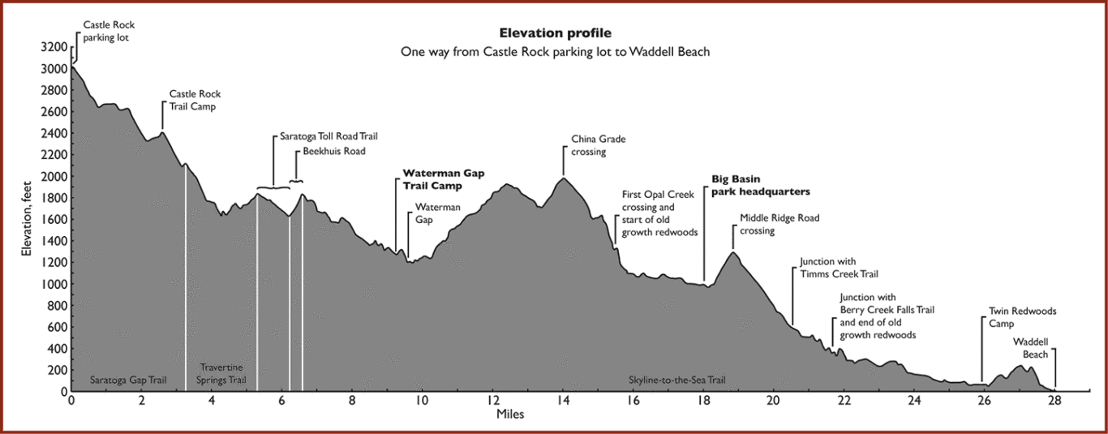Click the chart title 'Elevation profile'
(555, 33)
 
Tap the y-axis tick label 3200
(54, 47)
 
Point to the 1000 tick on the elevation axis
(54, 284)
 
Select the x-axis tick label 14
(563, 401)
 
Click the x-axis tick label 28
(1054, 401)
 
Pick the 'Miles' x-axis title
(510, 415)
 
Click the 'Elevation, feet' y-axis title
(27, 218)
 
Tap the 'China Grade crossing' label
(599, 145)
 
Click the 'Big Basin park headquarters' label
(761, 185)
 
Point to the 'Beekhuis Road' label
(334, 151)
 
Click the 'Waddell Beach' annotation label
(1031, 348)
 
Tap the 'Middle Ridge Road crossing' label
(779, 224)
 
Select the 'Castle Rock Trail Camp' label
(195, 100)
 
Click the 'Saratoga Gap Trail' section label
(128, 380)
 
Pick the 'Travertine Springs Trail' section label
(221, 374)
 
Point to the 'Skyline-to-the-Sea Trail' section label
(677, 380)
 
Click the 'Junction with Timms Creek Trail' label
(839, 268)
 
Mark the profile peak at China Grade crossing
(563, 178)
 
